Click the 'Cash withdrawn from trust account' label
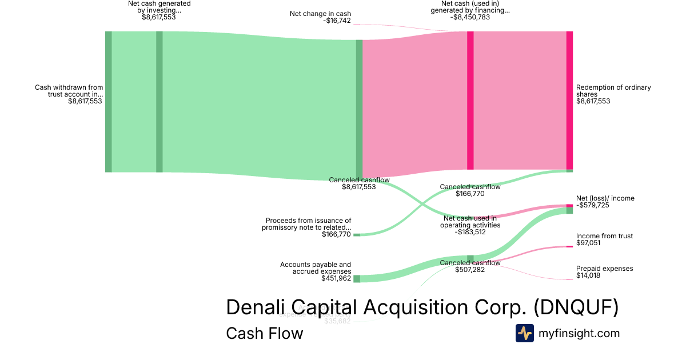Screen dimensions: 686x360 coord(69,91)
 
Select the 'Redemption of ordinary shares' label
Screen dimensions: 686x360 coord(613,91)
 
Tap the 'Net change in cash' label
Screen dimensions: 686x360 coord(320,14)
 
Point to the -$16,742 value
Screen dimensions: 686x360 coord(337,21)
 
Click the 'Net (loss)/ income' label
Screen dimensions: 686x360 coord(605,198)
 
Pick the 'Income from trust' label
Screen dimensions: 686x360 coord(604,236)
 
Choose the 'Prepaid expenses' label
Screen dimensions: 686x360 coord(604,269)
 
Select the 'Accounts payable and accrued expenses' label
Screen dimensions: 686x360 coord(316,268)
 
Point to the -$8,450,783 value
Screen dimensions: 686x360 coord(470,17)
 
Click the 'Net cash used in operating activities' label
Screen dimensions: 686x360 coord(470,221)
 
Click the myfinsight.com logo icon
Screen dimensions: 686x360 coord(524,333)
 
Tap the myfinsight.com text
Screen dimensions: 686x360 coord(579,333)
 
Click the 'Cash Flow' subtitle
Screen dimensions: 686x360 coord(264,333)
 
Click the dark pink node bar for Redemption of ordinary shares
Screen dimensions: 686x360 coord(569,100)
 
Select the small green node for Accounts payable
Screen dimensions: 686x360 coord(357,279)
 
